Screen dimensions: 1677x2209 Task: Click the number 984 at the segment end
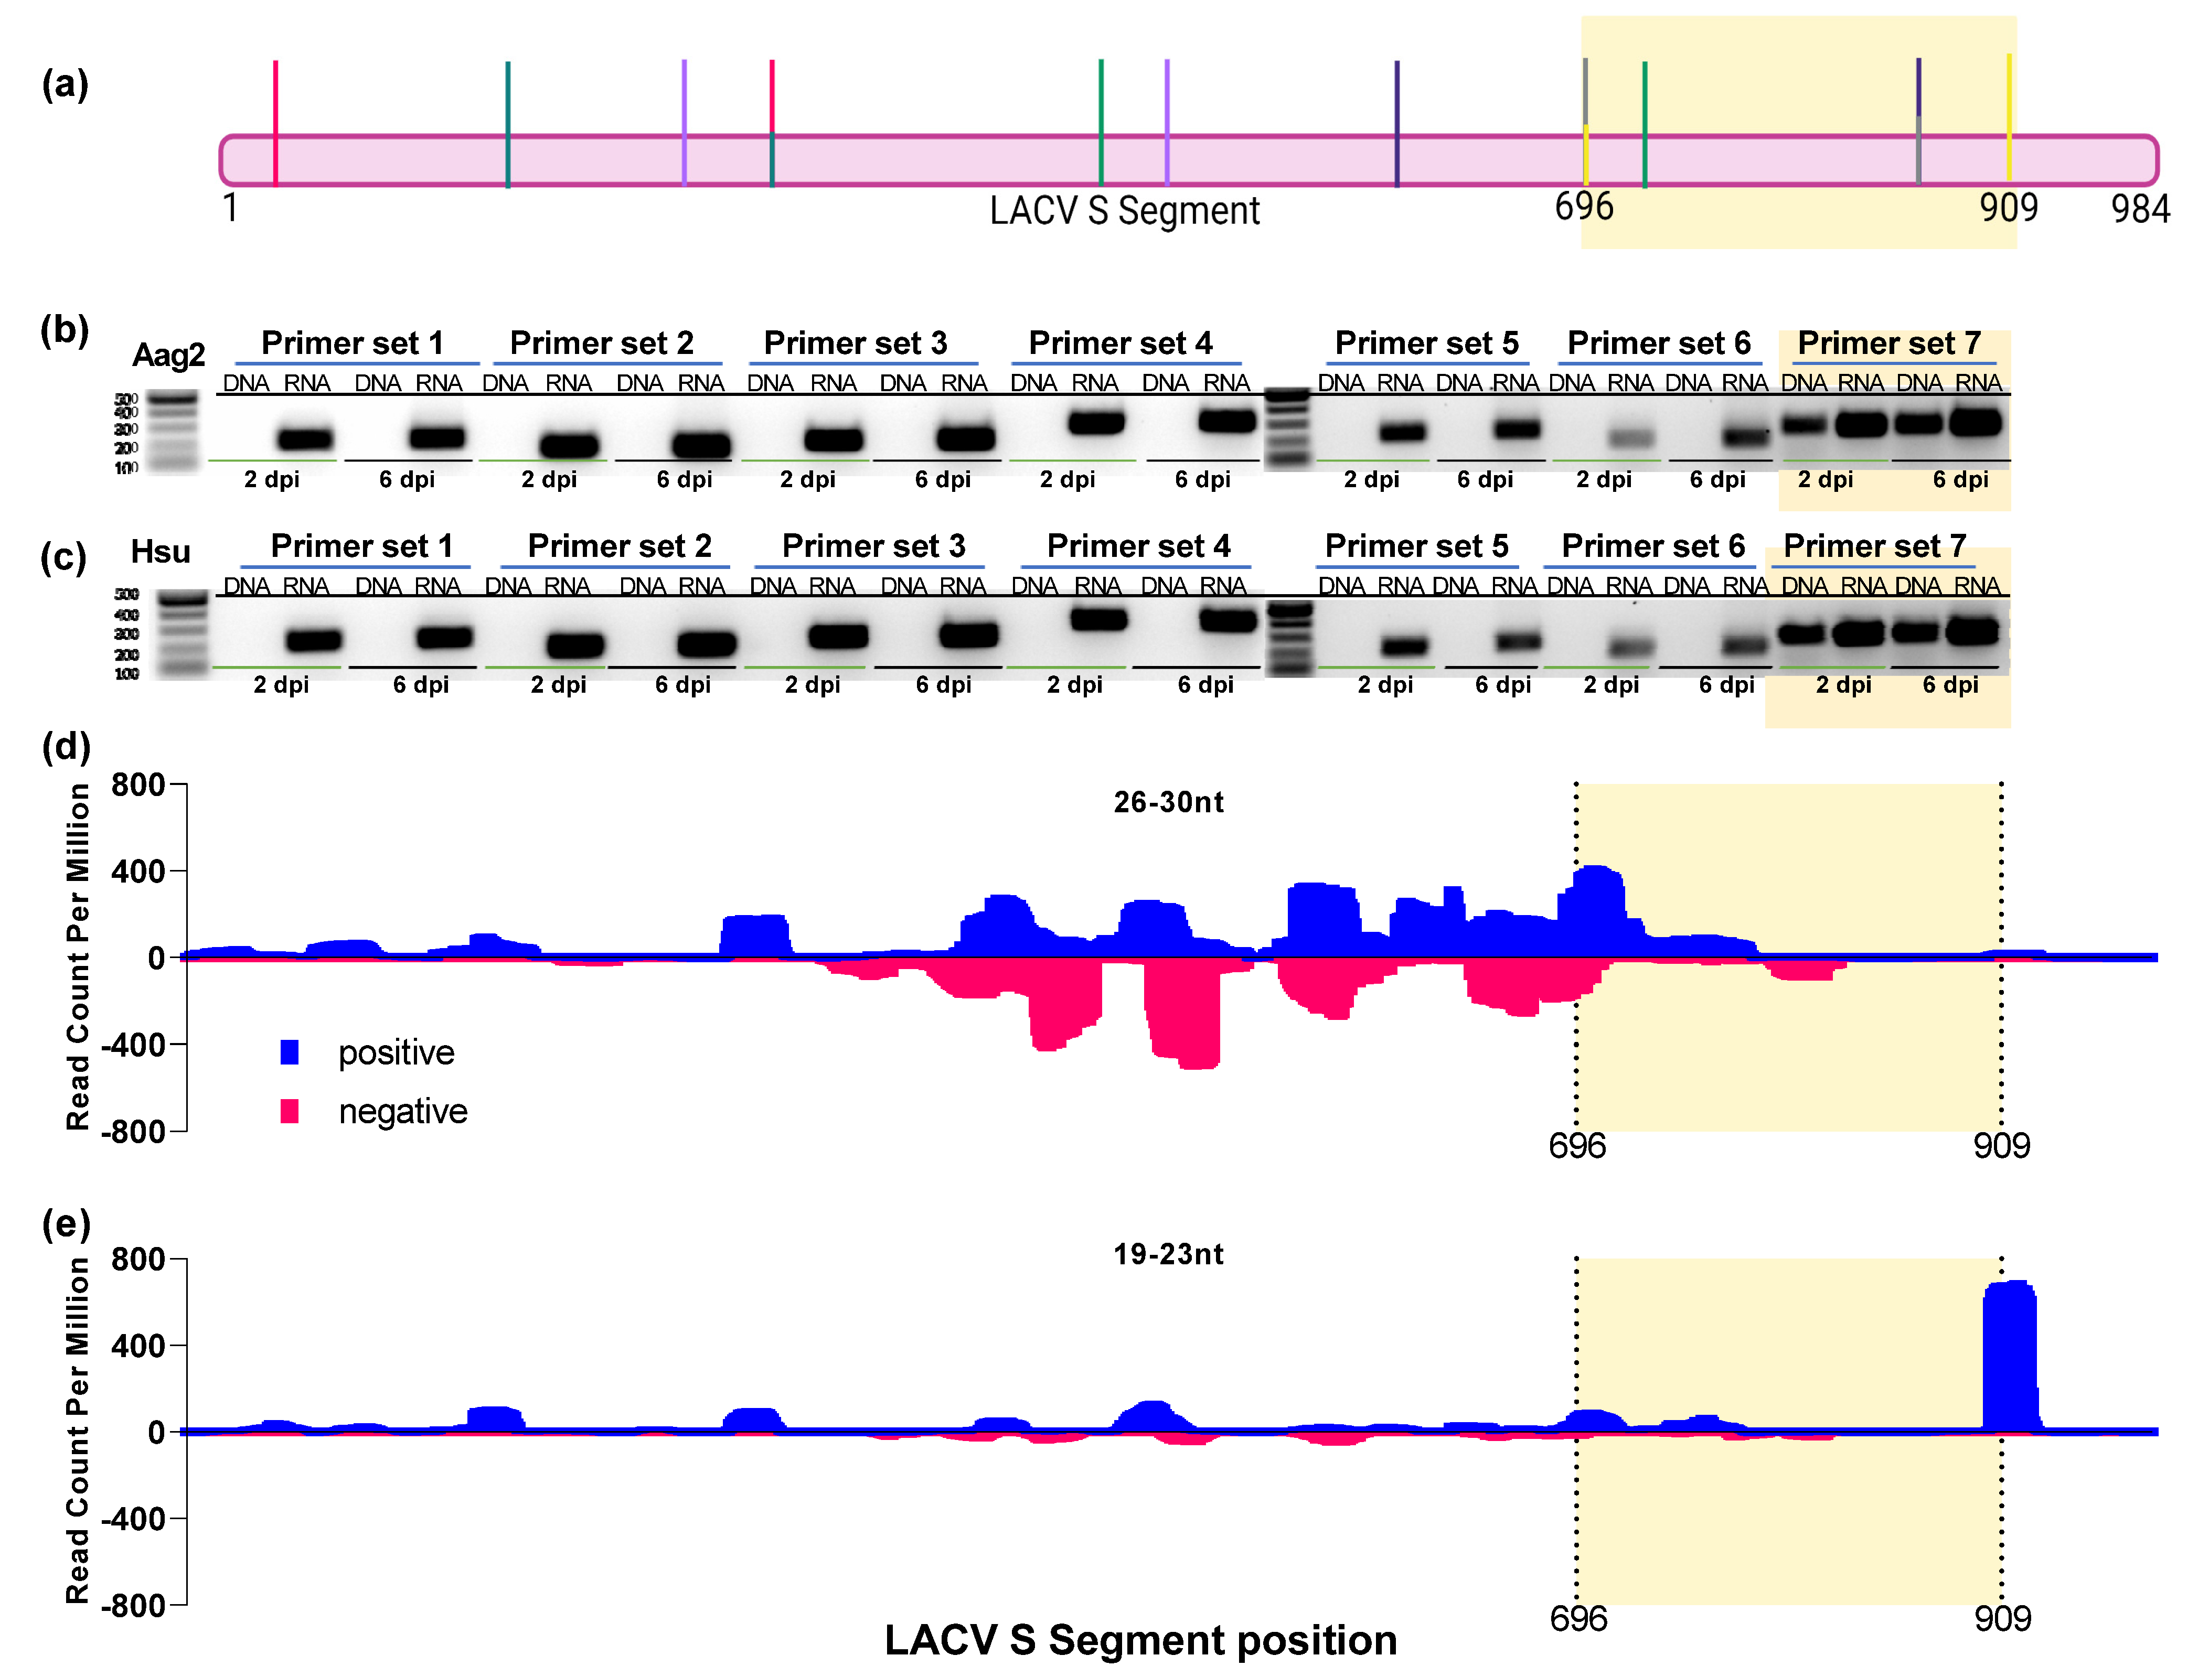point(2140,210)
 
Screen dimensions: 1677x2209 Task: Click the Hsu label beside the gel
point(160,552)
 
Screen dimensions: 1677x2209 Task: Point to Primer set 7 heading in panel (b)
point(1888,343)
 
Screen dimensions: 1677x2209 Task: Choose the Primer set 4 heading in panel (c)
point(1138,546)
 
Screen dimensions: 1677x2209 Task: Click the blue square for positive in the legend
point(290,1052)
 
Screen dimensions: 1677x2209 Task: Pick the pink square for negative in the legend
point(290,1111)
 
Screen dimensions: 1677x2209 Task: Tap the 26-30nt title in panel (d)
point(1168,802)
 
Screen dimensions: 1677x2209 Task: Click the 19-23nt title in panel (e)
point(1168,1255)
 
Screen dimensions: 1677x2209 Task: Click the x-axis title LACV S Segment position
point(1140,1640)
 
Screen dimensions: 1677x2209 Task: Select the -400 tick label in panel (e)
point(132,1519)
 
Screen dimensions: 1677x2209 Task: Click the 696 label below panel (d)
point(1577,1146)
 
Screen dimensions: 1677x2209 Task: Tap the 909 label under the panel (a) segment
point(2008,208)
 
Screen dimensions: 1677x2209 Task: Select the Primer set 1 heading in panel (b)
point(353,343)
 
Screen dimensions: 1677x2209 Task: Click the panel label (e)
point(66,1224)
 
